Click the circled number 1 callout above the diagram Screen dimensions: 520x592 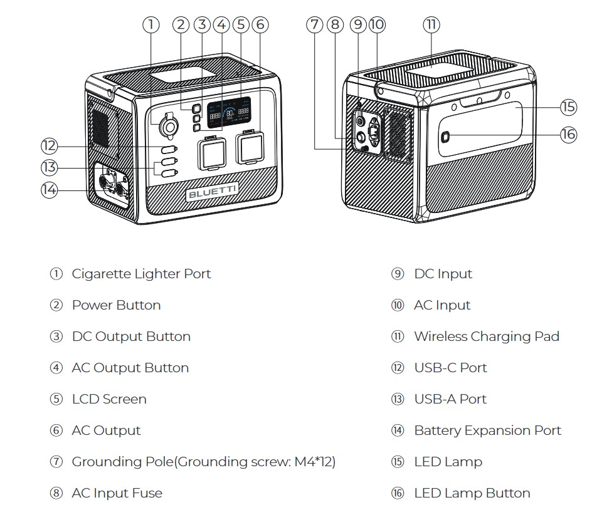151,25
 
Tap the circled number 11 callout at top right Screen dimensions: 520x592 431,25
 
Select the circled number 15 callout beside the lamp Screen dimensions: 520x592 568,107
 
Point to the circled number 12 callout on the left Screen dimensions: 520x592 49,146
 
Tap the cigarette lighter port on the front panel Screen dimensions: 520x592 168,127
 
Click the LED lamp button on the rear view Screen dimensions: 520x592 445,138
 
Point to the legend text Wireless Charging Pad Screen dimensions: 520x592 486,336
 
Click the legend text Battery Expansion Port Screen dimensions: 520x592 487,430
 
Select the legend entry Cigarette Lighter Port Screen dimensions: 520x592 141,274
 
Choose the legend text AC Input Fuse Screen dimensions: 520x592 117,493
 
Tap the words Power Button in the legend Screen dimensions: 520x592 116,305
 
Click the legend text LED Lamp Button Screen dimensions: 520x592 472,493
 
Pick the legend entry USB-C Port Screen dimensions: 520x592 450,368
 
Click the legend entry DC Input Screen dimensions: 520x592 443,274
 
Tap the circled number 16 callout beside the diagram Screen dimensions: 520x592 568,135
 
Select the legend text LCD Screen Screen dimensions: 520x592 109,399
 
